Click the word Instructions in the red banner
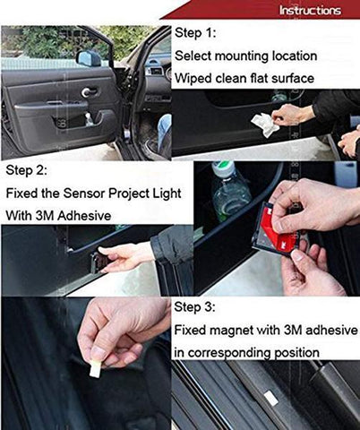point(310,11)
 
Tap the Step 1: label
point(195,34)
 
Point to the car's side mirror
point(89,58)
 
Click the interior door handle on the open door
point(90,91)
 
